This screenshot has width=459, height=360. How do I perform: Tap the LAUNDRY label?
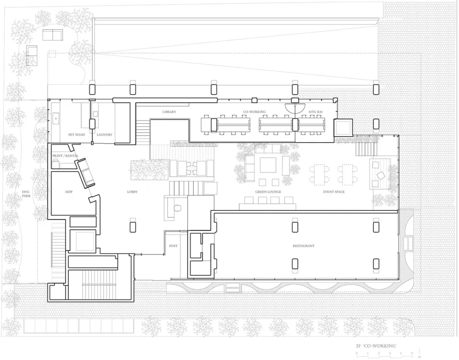(x=104, y=135)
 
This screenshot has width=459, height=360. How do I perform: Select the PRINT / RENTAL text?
(x=66, y=156)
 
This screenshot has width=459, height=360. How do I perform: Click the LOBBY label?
(x=132, y=192)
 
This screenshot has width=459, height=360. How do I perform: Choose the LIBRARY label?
(x=169, y=112)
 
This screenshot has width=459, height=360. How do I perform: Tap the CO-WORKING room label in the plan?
(x=254, y=112)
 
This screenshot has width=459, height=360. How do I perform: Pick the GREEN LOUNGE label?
(x=268, y=192)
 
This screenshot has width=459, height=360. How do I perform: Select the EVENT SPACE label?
(x=334, y=192)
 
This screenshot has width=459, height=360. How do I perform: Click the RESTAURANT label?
(x=303, y=246)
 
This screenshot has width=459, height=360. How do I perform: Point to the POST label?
(x=173, y=246)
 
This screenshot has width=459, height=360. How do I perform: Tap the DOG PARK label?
(x=26, y=195)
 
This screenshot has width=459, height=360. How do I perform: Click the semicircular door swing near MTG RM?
(x=292, y=107)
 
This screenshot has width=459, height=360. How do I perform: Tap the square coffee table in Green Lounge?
(x=268, y=164)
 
